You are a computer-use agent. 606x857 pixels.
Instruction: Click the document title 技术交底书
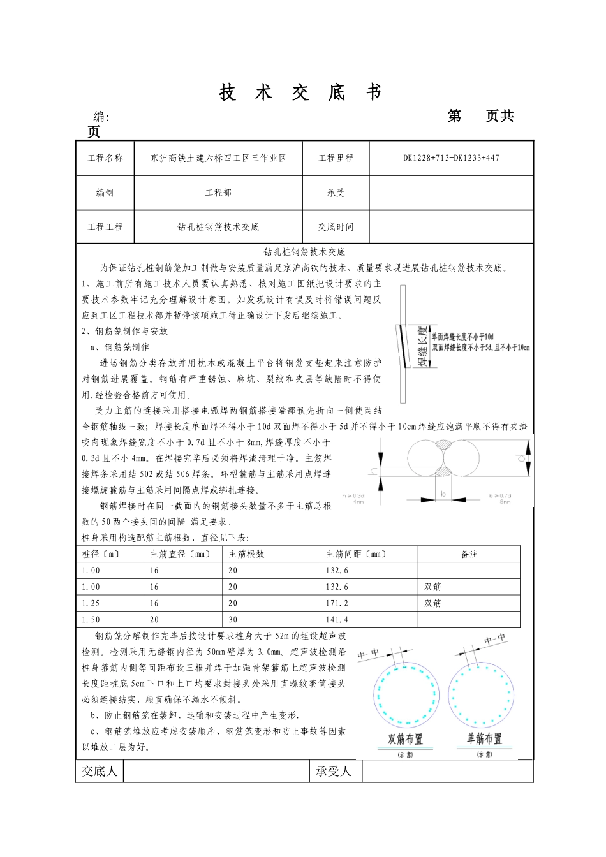click(x=300, y=93)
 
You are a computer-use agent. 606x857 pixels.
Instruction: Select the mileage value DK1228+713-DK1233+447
click(x=451, y=158)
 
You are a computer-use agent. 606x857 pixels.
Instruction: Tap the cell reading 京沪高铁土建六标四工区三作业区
click(x=218, y=158)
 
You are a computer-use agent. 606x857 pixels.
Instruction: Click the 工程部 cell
click(x=218, y=193)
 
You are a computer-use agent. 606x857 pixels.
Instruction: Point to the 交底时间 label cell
click(x=336, y=226)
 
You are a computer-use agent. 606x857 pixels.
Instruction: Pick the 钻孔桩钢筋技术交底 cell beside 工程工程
click(x=218, y=226)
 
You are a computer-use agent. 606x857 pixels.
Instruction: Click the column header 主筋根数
click(x=247, y=554)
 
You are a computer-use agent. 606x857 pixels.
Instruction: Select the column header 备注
click(x=469, y=554)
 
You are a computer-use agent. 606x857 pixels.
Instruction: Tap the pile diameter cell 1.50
click(x=91, y=619)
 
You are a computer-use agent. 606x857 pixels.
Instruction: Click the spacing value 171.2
click(x=337, y=603)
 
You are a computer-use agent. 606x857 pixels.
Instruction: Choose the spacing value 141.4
click(x=337, y=619)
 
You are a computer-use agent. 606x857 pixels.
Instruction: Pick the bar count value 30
click(x=233, y=619)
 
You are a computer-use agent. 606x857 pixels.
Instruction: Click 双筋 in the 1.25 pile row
click(x=432, y=603)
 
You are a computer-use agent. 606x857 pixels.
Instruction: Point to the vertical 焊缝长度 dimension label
click(x=422, y=347)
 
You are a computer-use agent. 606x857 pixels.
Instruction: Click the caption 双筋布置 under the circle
click(x=405, y=739)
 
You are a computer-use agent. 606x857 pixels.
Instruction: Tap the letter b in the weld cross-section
click(x=444, y=494)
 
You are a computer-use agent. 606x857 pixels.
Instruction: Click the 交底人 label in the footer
click(x=100, y=772)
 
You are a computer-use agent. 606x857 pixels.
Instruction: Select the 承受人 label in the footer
click(x=334, y=772)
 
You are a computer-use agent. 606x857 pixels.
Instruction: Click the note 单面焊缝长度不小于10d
click(x=463, y=336)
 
